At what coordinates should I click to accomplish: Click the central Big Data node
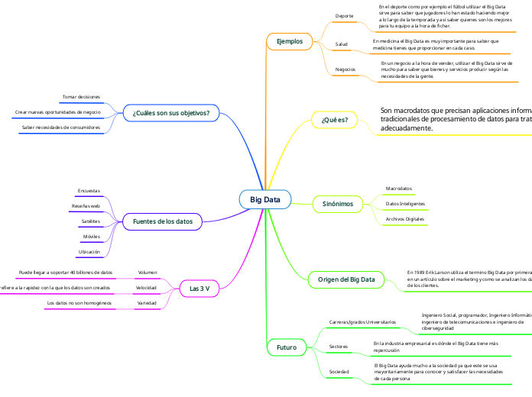tap(265, 200)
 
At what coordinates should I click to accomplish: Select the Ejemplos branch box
tap(290, 40)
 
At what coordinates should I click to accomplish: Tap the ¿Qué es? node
tap(335, 120)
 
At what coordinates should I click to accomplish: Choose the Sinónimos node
tap(338, 204)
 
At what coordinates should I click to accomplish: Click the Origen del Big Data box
tap(347, 280)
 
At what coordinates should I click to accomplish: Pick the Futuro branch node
tap(287, 347)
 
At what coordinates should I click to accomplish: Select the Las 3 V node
tap(199, 289)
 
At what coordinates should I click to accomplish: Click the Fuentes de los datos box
tap(163, 221)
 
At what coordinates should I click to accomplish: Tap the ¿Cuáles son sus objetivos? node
tap(171, 113)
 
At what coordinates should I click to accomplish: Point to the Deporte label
tap(345, 16)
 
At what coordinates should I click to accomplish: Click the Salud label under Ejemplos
tap(342, 44)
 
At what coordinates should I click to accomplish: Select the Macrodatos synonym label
tap(399, 188)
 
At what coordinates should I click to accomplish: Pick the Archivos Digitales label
tap(405, 219)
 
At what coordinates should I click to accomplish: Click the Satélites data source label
tap(90, 221)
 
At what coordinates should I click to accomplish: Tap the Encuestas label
tap(89, 190)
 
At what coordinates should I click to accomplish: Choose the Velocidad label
tap(147, 288)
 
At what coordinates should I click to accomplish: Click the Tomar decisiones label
tap(81, 97)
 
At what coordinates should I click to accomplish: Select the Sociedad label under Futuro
tap(339, 371)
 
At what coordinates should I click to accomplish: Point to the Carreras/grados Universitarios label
tap(362, 322)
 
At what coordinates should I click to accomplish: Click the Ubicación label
tap(89, 251)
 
